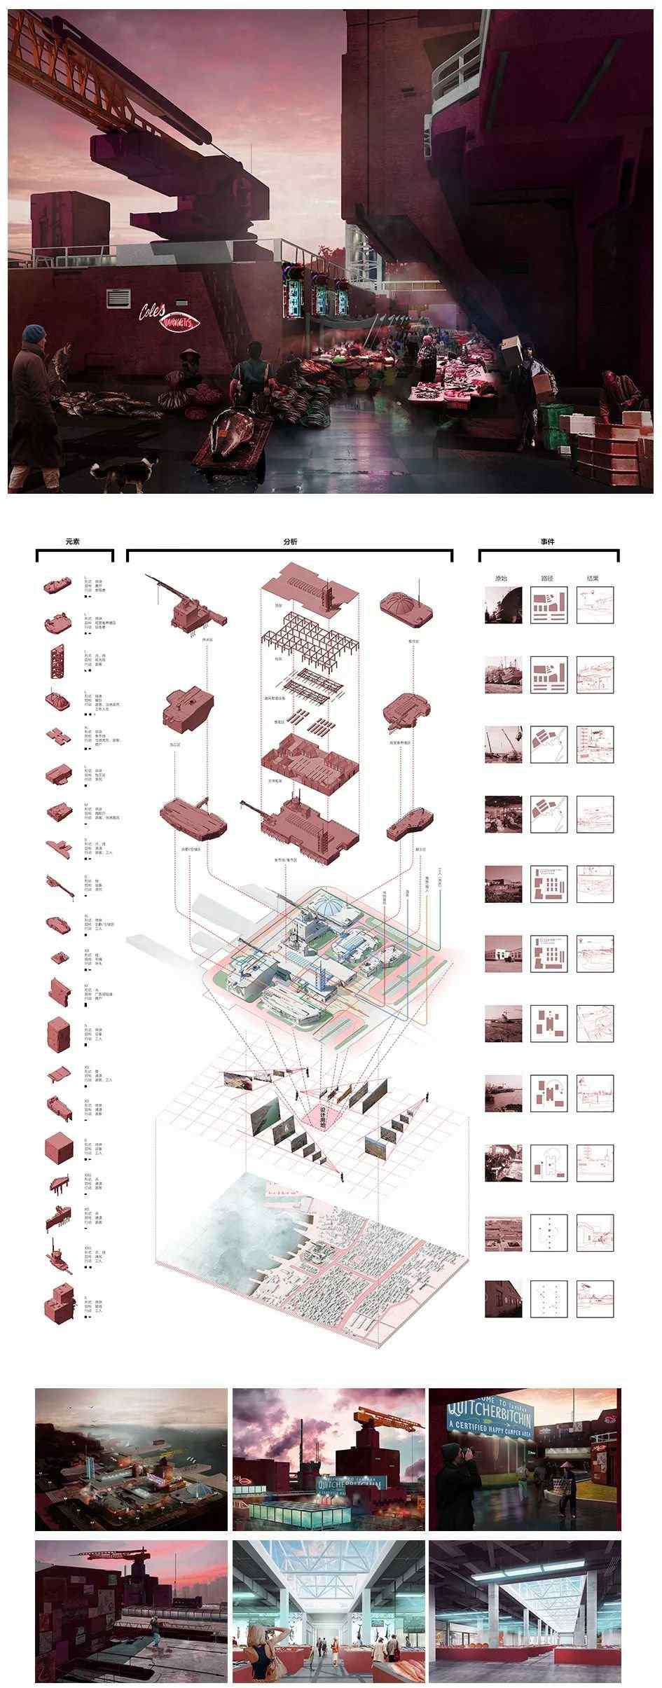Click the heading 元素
pos(74,542)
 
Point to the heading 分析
pos(289,542)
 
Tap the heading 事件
pos(548,542)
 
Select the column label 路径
pos(547,579)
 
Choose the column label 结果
pos(593,579)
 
